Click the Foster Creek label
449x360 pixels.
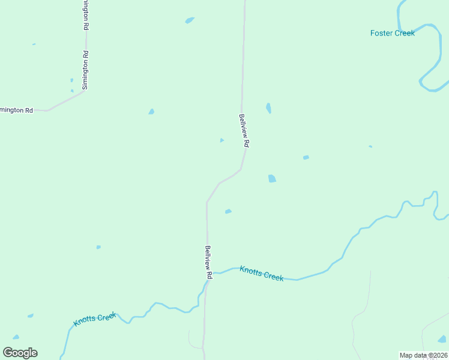pyautogui.click(x=392, y=34)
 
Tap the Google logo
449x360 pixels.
pyautogui.click(x=20, y=353)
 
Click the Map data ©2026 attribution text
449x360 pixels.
pyautogui.click(x=424, y=355)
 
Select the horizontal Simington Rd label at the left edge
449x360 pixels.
pyautogui.click(x=16, y=110)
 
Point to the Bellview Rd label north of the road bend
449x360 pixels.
pyautogui.click(x=244, y=131)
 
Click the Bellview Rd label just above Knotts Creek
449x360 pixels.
pyautogui.click(x=208, y=262)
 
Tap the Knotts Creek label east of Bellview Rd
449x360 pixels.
pyautogui.click(x=261, y=274)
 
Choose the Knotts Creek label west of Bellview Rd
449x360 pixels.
pyautogui.click(x=94, y=319)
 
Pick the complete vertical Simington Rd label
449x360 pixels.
pyautogui.click(x=85, y=70)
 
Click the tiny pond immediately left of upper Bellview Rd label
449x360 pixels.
pyautogui.click(x=221, y=140)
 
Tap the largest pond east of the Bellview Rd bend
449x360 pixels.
pyautogui.click(x=272, y=178)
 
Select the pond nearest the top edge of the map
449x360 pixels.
pyautogui.click(x=190, y=20)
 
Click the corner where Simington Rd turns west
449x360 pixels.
pyautogui.click(x=82, y=92)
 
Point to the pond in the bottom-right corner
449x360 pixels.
pyautogui.click(x=442, y=339)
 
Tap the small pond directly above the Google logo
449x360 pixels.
pyautogui.click(x=16, y=337)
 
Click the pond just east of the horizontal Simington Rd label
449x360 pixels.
pyautogui.click(x=151, y=112)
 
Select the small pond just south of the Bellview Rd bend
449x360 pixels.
pyautogui.click(x=228, y=211)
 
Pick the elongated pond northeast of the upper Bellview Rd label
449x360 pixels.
pyautogui.click(x=268, y=108)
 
